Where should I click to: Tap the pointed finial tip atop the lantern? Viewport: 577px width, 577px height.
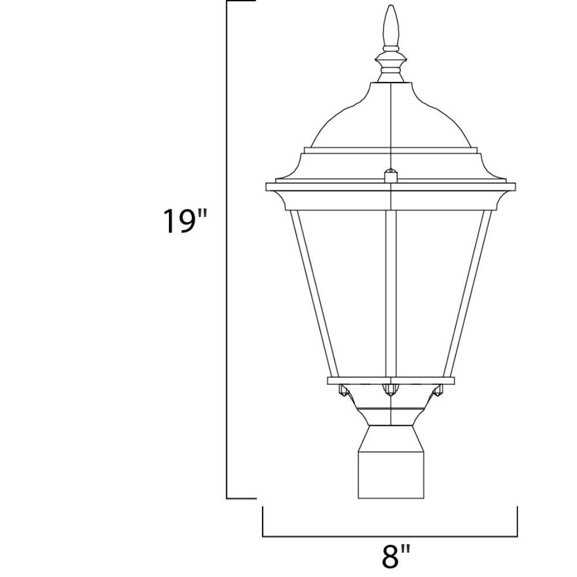[391, 6]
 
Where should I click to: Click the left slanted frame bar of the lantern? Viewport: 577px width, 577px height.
[314, 293]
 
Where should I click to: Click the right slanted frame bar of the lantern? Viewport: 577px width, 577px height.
[467, 293]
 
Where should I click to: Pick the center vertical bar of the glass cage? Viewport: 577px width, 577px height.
[391, 293]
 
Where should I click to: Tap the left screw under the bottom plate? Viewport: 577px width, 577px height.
[344, 390]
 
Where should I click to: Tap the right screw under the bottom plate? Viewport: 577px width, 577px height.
[437, 390]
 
